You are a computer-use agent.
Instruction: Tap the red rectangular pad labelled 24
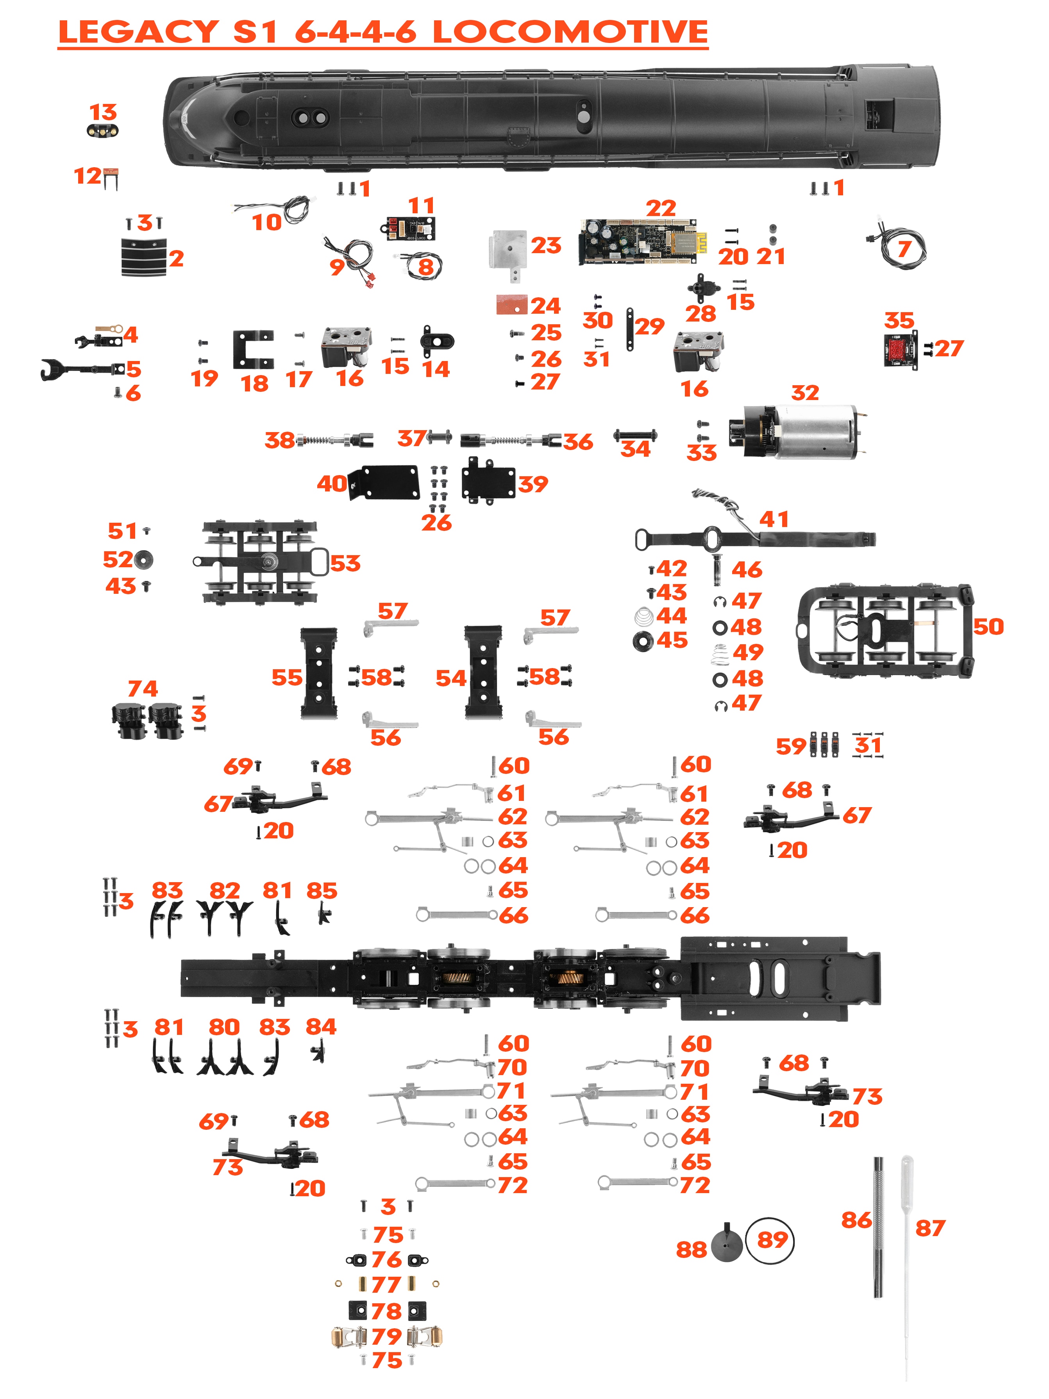[511, 305]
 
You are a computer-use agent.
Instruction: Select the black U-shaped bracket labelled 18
[253, 349]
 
